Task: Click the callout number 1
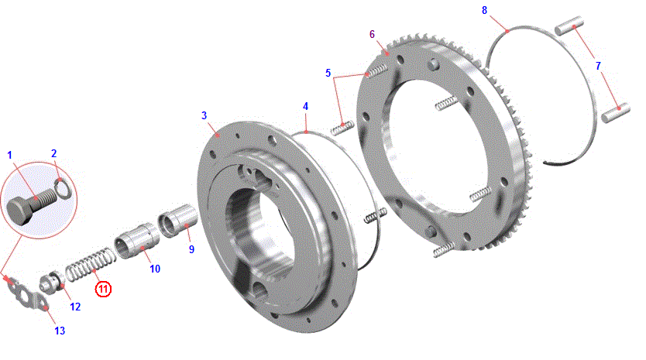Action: point(10,156)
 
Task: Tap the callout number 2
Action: point(53,153)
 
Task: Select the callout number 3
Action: point(204,116)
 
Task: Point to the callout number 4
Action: point(305,107)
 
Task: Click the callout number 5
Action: point(328,74)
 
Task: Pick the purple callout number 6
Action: point(372,35)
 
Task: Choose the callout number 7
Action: point(598,66)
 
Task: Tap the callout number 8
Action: point(485,11)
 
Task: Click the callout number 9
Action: point(191,249)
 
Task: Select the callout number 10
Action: point(155,269)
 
